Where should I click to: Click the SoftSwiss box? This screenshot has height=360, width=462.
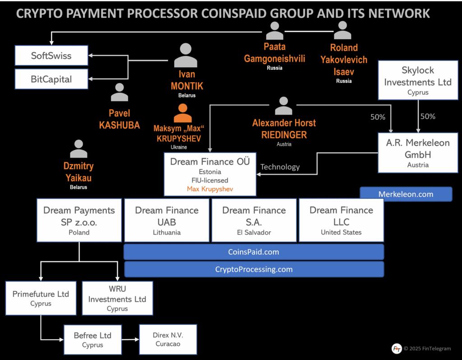pos(51,56)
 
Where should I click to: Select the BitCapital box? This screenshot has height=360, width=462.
pos(51,79)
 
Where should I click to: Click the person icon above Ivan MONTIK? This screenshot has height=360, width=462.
pos(185,55)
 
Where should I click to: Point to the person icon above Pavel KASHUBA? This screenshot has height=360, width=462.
pos(120,92)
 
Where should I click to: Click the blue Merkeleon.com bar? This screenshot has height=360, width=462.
pos(406,194)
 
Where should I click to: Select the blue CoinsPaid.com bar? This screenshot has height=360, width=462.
pos(254,252)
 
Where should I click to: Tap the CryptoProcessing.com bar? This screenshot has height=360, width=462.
pos(254,269)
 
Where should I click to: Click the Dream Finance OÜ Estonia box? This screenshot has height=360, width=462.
pos(210,174)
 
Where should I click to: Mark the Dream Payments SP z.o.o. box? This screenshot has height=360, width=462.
pos(79,220)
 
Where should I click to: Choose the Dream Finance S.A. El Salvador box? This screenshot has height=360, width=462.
pos(254,220)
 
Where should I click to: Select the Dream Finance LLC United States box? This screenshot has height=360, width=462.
pos(341,220)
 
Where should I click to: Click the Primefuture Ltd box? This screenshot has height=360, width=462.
pos(41,298)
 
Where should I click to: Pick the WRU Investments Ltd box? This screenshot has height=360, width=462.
pos(117,298)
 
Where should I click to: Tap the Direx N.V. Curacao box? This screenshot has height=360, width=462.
pos(168,339)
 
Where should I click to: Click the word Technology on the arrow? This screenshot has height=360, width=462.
pos(280,167)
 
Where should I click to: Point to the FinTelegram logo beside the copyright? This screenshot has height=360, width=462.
pos(397,348)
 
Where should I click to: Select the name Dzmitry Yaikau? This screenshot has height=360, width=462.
pos(79,171)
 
